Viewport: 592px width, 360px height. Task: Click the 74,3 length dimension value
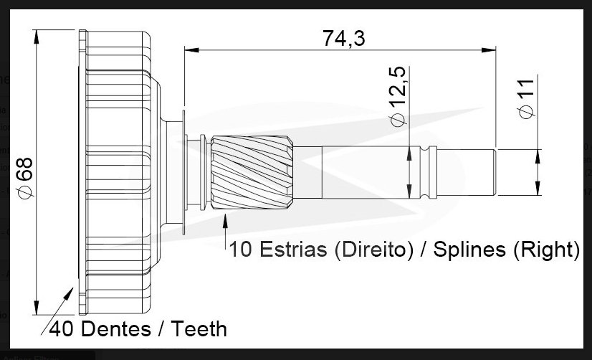(343, 38)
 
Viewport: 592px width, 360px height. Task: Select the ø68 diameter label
(25, 177)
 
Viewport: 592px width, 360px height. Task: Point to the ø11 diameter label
(527, 99)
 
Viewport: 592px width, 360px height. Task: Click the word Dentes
(116, 328)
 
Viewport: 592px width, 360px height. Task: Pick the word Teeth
(199, 328)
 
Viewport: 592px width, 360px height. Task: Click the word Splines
(469, 250)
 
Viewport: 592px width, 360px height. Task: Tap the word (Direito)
(374, 250)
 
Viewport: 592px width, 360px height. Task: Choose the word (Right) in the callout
(546, 250)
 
